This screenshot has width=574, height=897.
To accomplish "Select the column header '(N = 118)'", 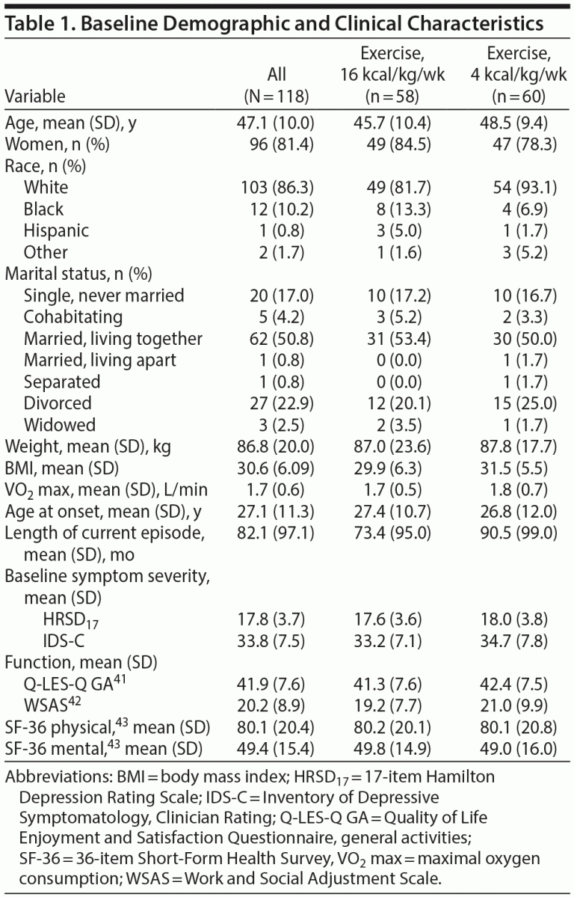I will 276,97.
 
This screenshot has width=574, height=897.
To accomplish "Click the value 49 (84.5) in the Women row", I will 395,144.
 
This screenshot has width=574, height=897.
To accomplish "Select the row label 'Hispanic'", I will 56,230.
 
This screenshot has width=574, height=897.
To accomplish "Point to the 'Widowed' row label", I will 60,425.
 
